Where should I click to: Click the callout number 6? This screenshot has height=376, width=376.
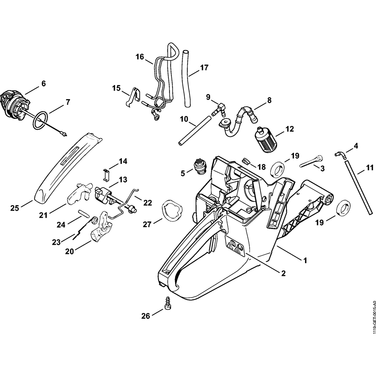(43, 83)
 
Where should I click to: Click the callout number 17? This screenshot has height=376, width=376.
(204, 68)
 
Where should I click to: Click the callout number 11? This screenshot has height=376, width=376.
(370, 167)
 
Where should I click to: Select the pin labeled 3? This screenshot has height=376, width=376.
(311, 162)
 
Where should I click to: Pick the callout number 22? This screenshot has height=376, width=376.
(147, 203)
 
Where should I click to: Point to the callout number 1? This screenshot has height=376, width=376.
(305, 259)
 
